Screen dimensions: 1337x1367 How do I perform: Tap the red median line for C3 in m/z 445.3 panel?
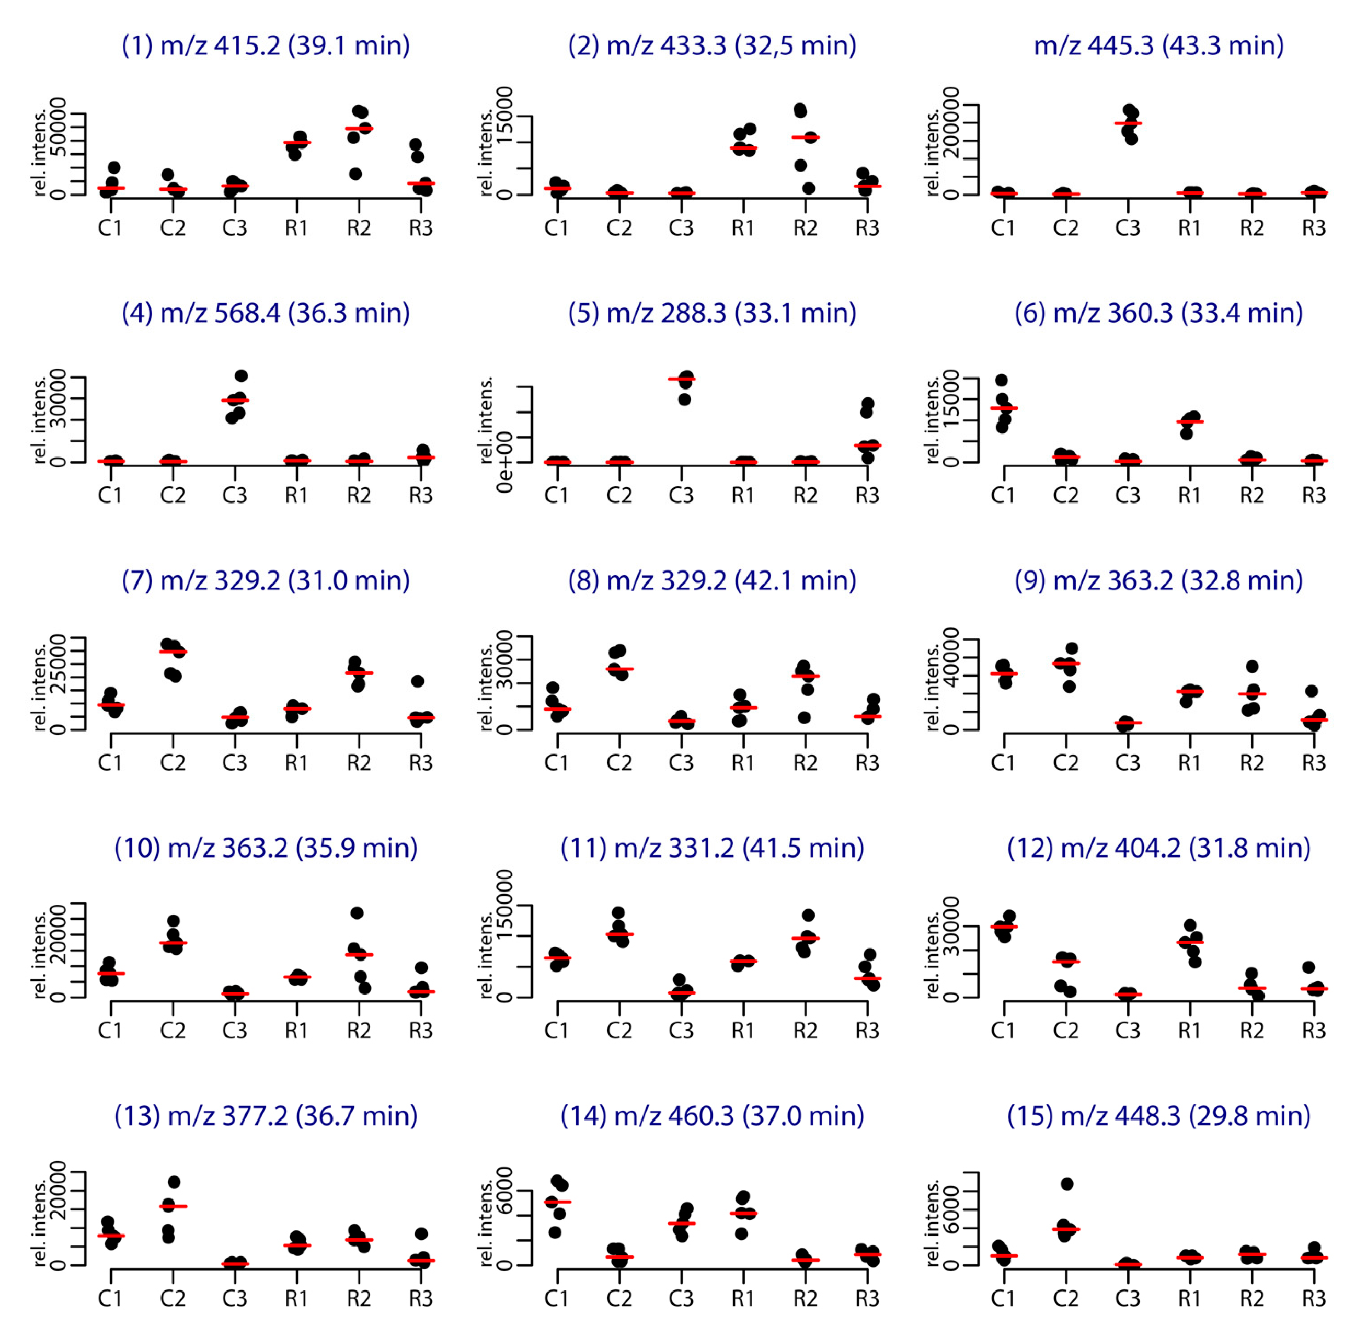click(1128, 123)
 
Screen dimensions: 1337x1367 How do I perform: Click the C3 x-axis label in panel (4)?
click(235, 496)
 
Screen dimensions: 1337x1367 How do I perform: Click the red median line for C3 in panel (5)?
click(681, 379)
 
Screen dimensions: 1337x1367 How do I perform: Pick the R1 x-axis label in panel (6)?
click(1189, 496)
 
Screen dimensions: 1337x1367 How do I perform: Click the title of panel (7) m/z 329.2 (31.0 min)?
click(266, 581)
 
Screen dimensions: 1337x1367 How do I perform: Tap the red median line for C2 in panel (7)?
click(173, 652)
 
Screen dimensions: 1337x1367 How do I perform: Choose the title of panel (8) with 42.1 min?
click(712, 581)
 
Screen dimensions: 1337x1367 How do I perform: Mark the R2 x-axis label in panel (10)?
click(359, 1031)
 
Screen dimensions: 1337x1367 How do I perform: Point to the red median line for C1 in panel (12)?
click(1004, 927)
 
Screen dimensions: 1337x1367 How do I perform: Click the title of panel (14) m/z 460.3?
click(712, 1116)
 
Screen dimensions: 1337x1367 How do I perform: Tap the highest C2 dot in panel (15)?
click(1067, 1184)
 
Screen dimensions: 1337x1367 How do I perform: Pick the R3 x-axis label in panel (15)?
click(1313, 1298)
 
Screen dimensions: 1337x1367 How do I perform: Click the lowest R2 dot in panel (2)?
click(809, 188)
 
